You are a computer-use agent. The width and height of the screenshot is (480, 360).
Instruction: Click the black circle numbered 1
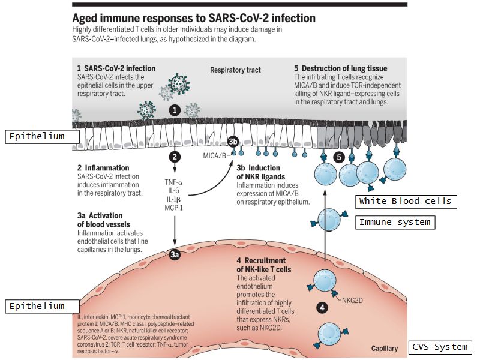click(x=174, y=110)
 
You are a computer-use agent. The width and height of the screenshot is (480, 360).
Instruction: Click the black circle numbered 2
click(x=175, y=158)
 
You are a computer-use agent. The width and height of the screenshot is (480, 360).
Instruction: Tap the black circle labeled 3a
click(x=174, y=255)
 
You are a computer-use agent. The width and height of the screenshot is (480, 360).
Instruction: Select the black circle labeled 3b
click(x=233, y=142)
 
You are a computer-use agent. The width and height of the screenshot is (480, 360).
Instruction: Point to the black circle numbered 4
click(x=322, y=308)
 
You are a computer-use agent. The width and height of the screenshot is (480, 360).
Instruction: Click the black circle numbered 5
click(x=338, y=157)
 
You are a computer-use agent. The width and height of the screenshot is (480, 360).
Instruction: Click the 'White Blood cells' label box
click(x=406, y=202)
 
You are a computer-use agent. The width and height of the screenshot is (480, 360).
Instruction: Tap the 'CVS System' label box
click(x=440, y=347)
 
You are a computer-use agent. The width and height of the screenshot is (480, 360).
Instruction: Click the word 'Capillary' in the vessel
click(x=385, y=348)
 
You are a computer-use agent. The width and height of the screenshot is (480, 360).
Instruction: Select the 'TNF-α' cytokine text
click(x=175, y=182)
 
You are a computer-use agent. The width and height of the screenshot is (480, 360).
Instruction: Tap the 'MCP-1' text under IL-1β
click(x=175, y=207)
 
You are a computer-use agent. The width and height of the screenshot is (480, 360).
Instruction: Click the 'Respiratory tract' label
click(x=235, y=70)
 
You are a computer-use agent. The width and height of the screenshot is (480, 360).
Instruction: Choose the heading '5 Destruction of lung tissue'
click(x=341, y=68)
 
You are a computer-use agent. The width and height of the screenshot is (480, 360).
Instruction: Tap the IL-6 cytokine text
click(x=175, y=190)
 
